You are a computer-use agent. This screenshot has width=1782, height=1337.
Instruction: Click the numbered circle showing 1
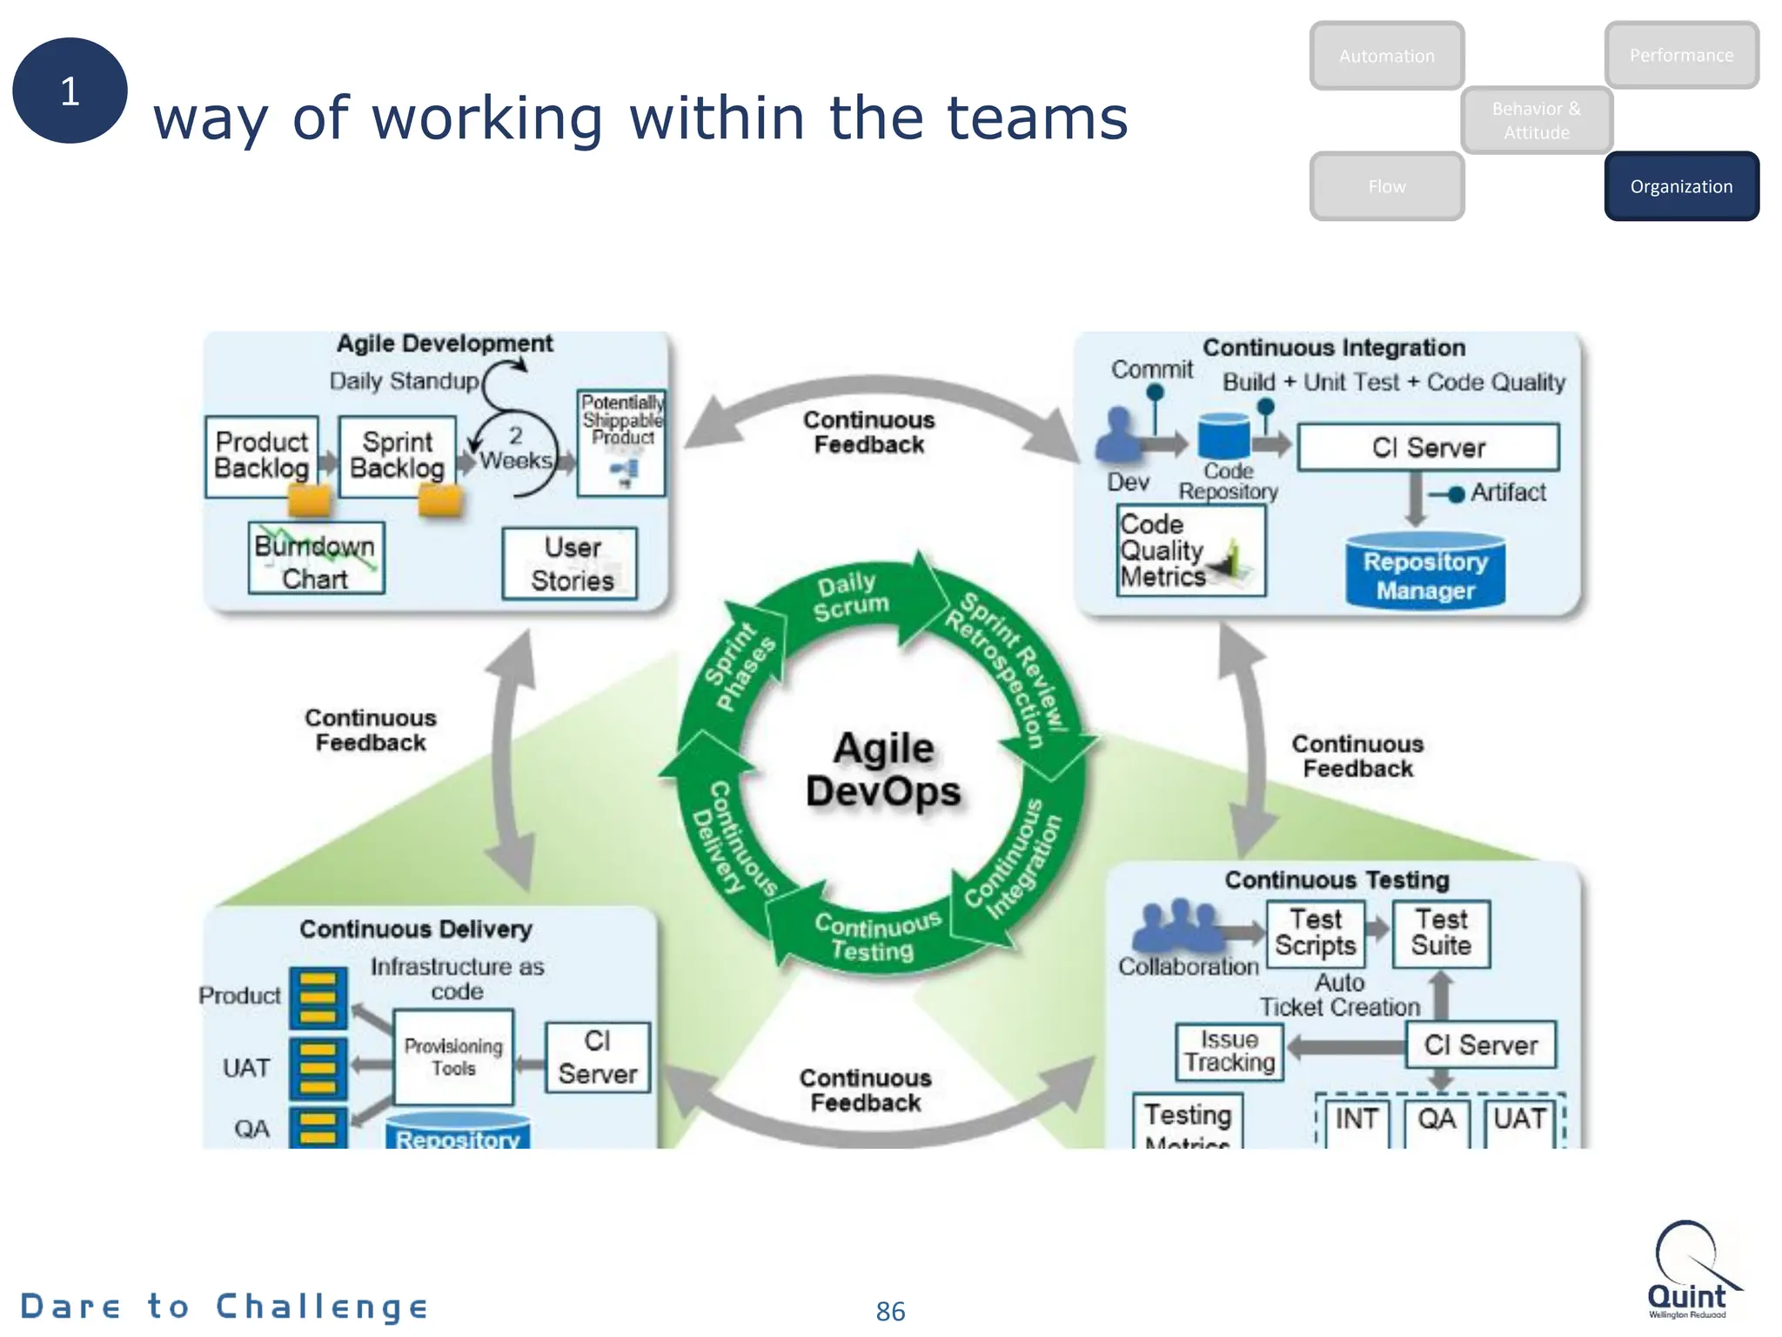70,91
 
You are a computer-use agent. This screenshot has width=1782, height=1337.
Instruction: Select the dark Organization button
1681,186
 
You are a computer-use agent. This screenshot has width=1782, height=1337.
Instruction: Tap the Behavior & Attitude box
1537,120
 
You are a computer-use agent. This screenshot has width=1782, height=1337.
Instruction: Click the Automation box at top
1386,56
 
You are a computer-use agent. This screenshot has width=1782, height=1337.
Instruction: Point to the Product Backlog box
261,455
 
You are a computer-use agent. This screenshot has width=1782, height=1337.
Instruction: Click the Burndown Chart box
315,559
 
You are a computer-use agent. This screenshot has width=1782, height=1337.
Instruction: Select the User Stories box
571,563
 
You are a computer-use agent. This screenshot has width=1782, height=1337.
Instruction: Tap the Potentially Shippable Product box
621,442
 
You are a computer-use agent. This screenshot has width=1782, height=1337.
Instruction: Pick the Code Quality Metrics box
1189,550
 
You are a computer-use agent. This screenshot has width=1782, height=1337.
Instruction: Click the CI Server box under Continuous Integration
1427,447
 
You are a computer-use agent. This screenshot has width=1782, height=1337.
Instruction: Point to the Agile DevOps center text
883,769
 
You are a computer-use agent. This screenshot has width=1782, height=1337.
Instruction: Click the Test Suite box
1441,933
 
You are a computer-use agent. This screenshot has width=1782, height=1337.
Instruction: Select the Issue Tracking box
1229,1051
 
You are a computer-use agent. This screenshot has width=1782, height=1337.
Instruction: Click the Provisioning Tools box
453,1057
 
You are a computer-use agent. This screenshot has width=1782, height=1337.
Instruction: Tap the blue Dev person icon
1117,434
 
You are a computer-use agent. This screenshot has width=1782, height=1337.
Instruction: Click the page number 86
890,1311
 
